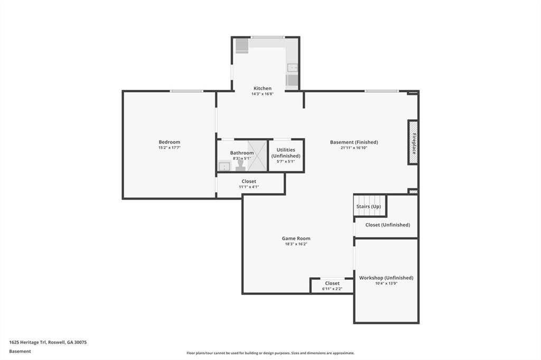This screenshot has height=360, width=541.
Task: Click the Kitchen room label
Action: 262,88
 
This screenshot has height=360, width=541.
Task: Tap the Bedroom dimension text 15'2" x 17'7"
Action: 170,148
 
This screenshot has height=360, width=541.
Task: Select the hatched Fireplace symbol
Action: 413,142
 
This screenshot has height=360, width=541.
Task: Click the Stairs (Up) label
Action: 368,206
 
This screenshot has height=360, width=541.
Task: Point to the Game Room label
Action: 296,238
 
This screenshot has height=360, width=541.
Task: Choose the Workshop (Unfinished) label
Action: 386,278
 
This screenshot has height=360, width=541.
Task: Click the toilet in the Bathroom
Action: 240,165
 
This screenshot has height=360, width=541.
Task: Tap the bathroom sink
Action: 224,167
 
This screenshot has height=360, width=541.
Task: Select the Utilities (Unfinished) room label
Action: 286,153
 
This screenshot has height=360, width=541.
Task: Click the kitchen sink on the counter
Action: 293,68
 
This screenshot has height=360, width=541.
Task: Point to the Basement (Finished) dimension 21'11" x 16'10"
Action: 353,148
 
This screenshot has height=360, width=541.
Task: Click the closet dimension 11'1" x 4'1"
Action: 249,187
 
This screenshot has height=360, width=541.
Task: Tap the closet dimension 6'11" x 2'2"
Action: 332,289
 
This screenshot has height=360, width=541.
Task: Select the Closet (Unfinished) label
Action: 387,225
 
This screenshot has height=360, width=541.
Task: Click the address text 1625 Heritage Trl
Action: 27,343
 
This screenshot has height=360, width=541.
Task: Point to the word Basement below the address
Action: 20,352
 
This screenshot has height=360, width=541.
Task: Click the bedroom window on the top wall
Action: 186,91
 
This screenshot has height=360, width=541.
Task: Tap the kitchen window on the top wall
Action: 268,37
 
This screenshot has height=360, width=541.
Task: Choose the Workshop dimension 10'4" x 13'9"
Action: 386,283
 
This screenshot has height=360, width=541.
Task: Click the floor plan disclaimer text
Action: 270,353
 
